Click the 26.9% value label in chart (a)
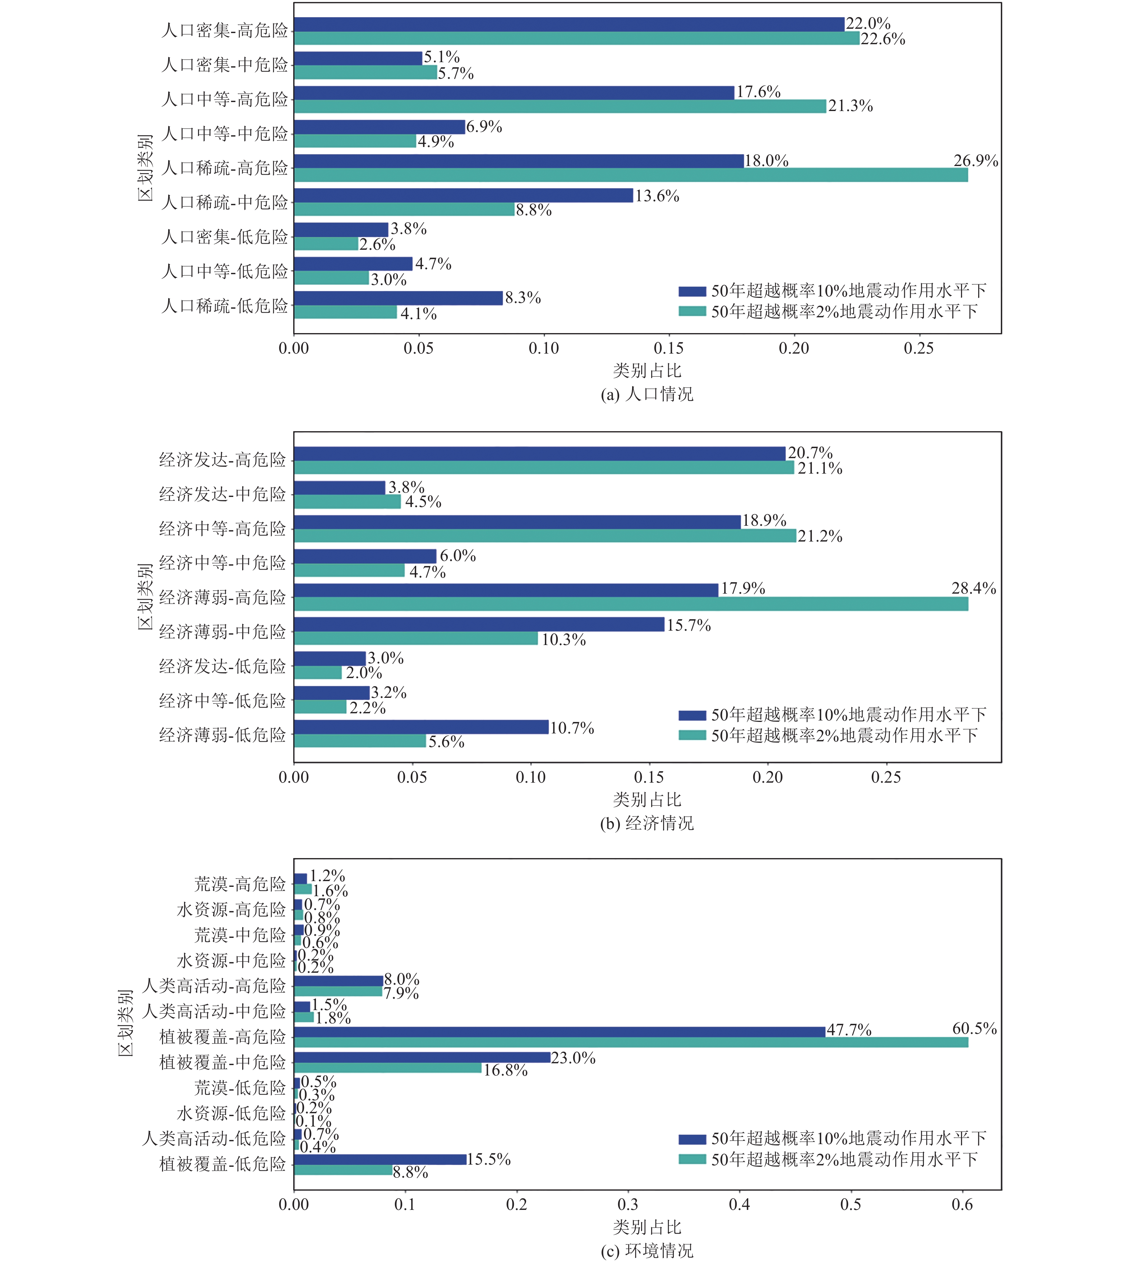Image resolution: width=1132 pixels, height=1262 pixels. [x=975, y=161]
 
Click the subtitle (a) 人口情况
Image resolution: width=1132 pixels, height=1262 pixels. [x=647, y=394]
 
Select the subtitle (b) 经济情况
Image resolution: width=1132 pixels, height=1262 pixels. [x=647, y=824]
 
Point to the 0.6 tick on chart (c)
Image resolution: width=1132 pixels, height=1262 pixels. [x=962, y=1205]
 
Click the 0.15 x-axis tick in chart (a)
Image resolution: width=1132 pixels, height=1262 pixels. [x=669, y=348]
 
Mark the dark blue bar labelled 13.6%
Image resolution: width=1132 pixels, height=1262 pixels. [x=463, y=195]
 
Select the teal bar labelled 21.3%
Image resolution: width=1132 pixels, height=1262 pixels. [x=560, y=106]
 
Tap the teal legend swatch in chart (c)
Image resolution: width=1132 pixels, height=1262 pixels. [x=692, y=1159]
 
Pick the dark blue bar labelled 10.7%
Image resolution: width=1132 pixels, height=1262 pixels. [x=421, y=727]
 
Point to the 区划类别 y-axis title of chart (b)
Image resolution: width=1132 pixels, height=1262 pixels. [x=145, y=597]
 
